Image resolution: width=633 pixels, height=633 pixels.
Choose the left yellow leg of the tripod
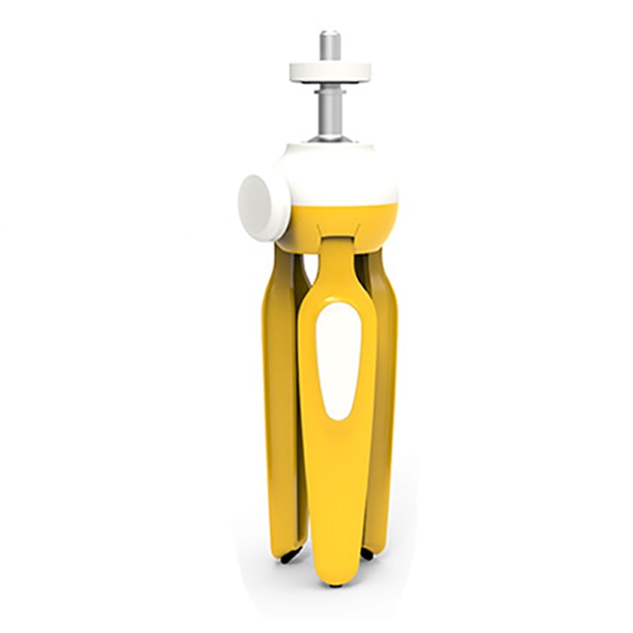click(x=283, y=396)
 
